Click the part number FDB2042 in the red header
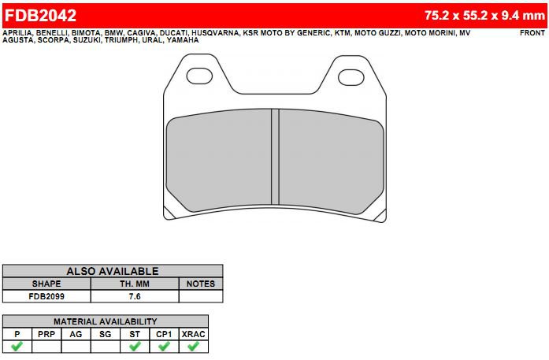[41, 16]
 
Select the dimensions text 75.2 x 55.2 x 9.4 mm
[485, 16]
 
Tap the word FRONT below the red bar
[532, 33]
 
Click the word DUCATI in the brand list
[173, 33]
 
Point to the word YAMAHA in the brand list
[183, 40]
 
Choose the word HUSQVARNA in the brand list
[215, 33]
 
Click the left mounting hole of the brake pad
[199, 76]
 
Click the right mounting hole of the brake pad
[351, 77]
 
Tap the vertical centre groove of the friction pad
[275, 157]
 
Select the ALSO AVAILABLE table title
[113, 271]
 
